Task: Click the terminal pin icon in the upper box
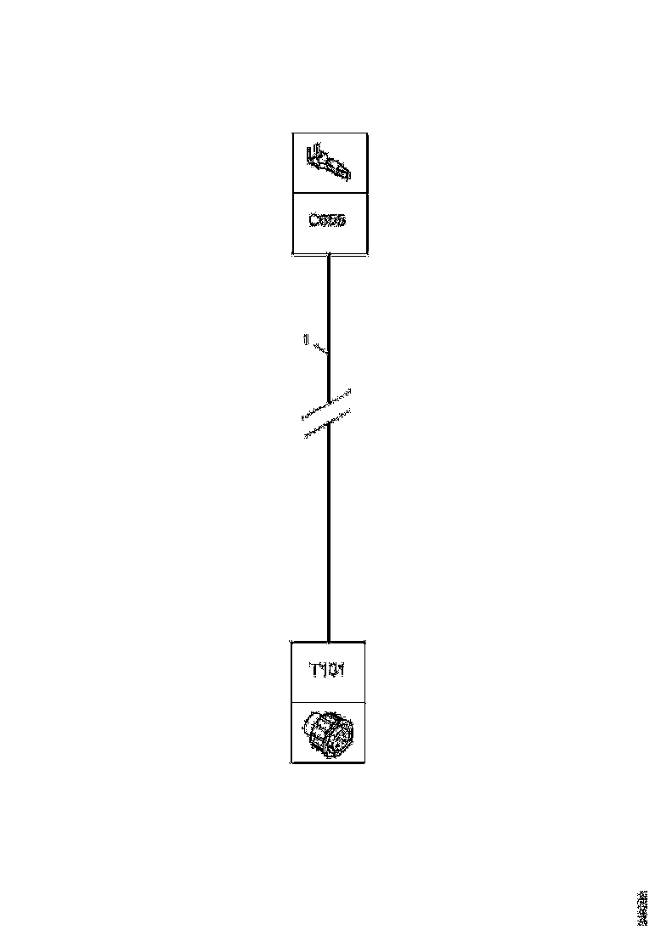point(328,162)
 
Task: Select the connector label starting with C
point(328,220)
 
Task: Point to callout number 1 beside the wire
point(305,340)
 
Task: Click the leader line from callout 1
point(320,348)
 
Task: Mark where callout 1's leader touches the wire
point(329,352)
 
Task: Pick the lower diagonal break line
point(328,427)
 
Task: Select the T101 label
point(327,671)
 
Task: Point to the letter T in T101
point(313,671)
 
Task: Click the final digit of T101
point(342,671)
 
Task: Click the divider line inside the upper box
point(330,193)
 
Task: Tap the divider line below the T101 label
point(330,702)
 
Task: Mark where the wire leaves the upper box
point(329,255)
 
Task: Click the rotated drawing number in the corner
point(641,909)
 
